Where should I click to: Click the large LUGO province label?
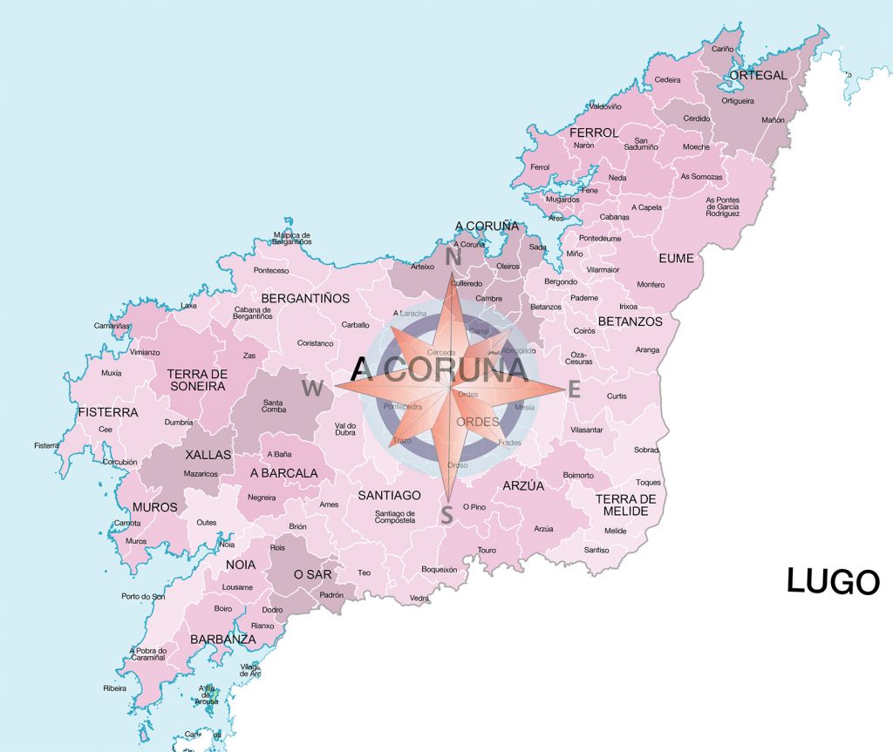pyautogui.click(x=833, y=581)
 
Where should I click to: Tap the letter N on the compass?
pyautogui.click(x=453, y=257)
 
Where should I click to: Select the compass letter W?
pyautogui.click(x=312, y=388)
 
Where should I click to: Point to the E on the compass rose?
pyautogui.click(x=574, y=390)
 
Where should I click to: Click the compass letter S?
pyautogui.click(x=446, y=516)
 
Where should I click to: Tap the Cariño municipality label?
pyautogui.click(x=722, y=50)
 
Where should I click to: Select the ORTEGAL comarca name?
pyautogui.click(x=757, y=75)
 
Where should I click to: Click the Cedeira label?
pyautogui.click(x=667, y=79)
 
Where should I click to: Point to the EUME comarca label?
pyautogui.click(x=676, y=258)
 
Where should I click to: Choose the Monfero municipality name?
pyautogui.click(x=651, y=285)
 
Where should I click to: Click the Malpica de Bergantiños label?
pyautogui.click(x=292, y=238)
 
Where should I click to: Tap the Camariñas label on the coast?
pyautogui.click(x=112, y=326)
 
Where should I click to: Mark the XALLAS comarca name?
pyautogui.click(x=208, y=455)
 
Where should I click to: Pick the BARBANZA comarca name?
pyautogui.click(x=222, y=639)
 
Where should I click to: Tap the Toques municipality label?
pyautogui.click(x=649, y=482)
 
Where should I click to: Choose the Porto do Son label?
pyautogui.click(x=143, y=597)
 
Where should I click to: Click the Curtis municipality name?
pyautogui.click(x=617, y=396)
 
